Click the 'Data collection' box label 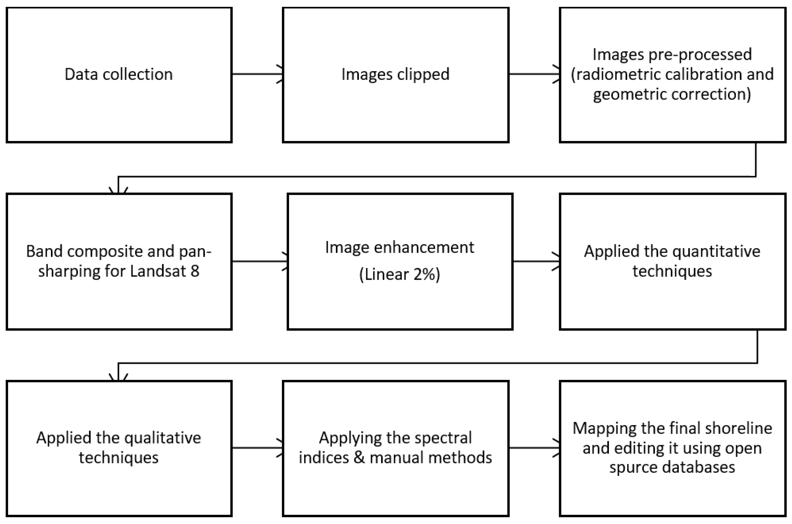click(x=119, y=74)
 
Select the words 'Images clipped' click(x=395, y=74)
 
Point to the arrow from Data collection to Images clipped click(x=257, y=74)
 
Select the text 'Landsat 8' click(x=164, y=271)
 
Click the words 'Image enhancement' click(x=399, y=248)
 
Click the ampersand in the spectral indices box click(x=359, y=457)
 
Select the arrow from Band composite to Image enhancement click(x=259, y=261)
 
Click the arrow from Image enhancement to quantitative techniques click(x=536, y=261)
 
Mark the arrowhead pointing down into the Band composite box click(x=118, y=191)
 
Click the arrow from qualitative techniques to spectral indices click(x=257, y=448)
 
